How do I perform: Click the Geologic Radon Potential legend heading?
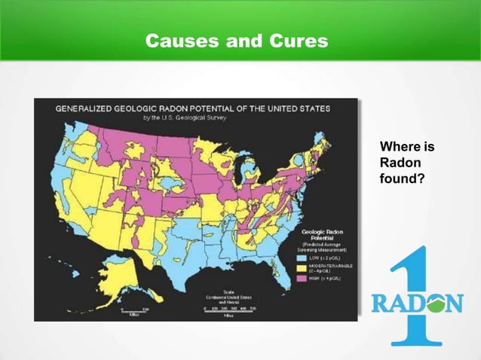323,234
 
